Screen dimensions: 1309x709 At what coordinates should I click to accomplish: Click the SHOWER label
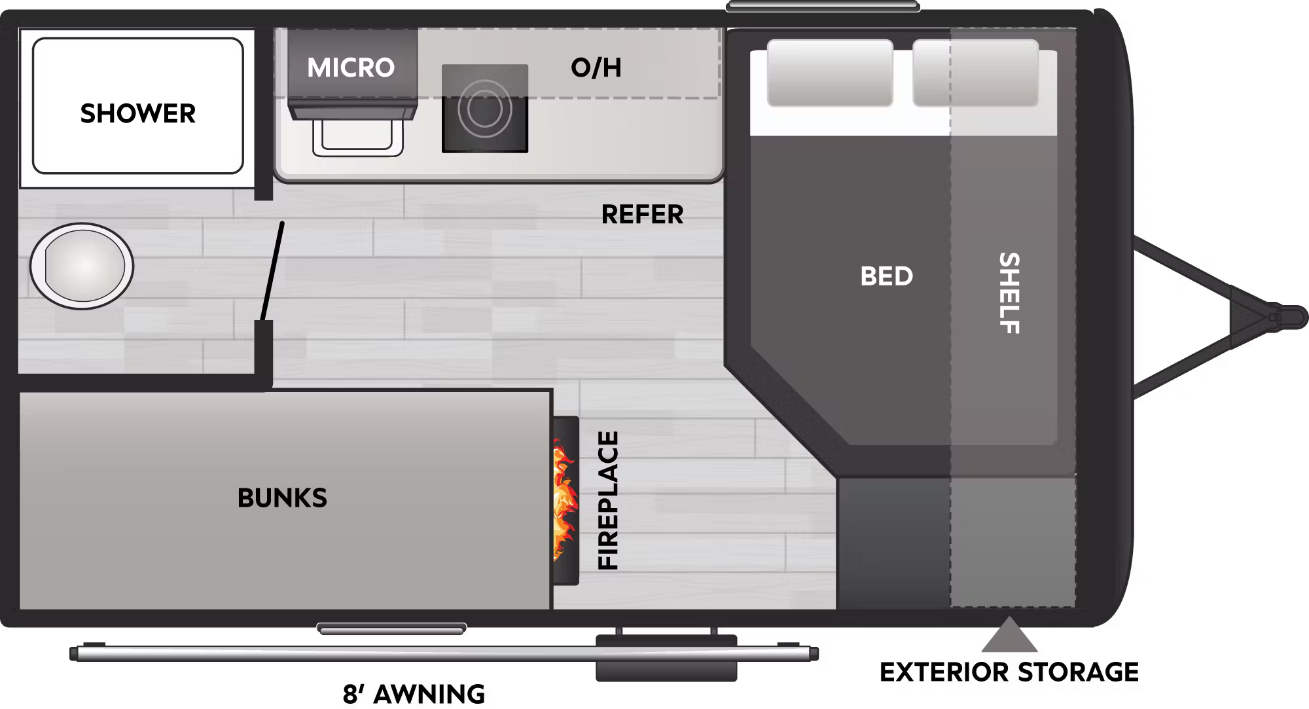tap(137, 113)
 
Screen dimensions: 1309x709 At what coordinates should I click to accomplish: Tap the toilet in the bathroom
tap(81, 266)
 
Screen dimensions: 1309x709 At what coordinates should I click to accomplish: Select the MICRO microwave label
tap(351, 67)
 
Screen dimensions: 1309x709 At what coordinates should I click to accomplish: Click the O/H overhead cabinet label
tap(596, 67)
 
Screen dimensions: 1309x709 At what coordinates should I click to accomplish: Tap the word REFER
tap(642, 214)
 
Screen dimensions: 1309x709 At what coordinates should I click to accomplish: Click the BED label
tap(886, 276)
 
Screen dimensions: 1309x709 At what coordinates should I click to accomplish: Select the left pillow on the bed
tap(830, 73)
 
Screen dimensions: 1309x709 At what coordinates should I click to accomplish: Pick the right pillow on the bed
tap(975, 73)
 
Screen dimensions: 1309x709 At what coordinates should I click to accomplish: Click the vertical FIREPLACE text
tap(608, 500)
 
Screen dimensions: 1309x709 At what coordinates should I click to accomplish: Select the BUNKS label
tap(282, 498)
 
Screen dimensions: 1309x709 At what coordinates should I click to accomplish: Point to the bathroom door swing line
tap(272, 272)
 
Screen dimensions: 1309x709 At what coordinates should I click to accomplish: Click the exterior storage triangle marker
tap(1009, 634)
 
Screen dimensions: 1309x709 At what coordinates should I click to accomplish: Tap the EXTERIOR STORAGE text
tap(1009, 672)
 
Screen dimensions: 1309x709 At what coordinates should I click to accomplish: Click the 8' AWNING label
tap(414, 694)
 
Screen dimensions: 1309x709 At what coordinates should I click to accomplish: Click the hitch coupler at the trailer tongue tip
tap(1285, 317)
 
